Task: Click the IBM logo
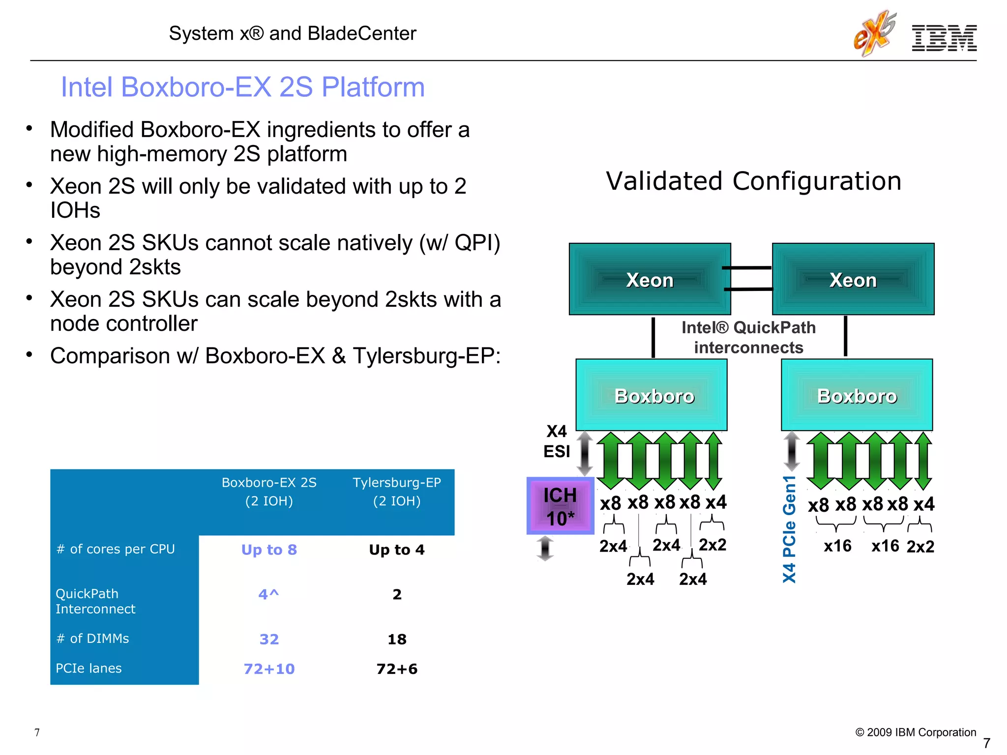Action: click(944, 38)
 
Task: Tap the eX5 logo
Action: click(874, 33)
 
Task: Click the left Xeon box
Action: click(650, 279)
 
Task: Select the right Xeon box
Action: click(853, 279)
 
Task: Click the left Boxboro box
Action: click(652, 395)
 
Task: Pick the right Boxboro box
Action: click(857, 395)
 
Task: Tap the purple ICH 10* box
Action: click(560, 506)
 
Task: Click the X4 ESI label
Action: click(557, 441)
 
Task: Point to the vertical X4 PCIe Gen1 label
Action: click(789, 529)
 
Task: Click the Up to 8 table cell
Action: click(269, 550)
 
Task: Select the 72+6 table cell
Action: click(397, 669)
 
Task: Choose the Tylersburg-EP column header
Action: click(397, 492)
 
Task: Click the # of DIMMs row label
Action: click(93, 639)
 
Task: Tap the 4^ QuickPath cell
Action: click(269, 595)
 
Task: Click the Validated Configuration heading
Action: click(754, 181)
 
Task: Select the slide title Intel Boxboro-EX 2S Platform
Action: click(242, 87)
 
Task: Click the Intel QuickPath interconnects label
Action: click(748, 337)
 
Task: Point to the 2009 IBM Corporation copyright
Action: click(916, 732)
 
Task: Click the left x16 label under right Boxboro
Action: click(837, 546)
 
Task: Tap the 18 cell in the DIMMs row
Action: click(397, 639)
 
